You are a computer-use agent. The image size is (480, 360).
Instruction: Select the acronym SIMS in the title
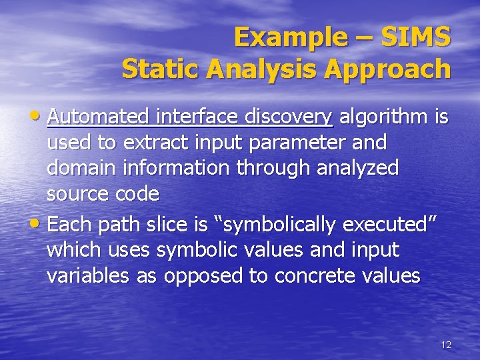[415, 37]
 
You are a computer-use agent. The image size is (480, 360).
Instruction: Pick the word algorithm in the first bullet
[384, 118]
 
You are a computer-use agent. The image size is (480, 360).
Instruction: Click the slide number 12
[446, 345]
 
